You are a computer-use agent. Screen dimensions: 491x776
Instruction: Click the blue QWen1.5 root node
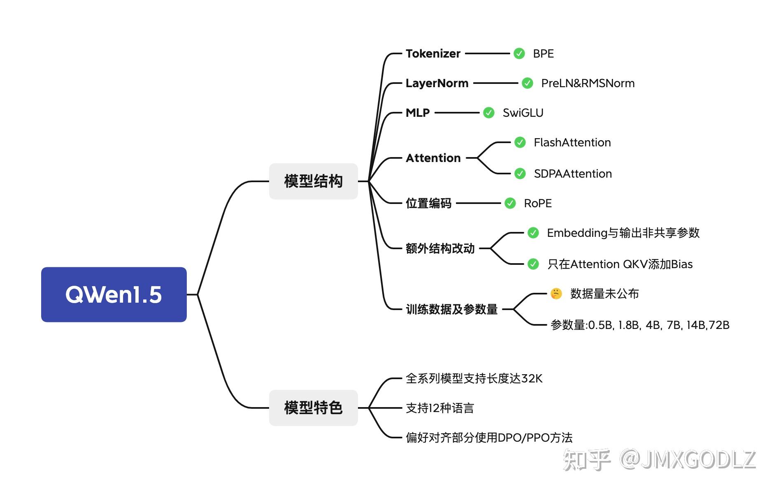coord(114,294)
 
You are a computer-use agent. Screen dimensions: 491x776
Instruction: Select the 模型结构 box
coord(313,181)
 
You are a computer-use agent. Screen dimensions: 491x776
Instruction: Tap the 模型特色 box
coord(313,408)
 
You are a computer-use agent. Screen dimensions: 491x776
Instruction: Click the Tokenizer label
coord(433,54)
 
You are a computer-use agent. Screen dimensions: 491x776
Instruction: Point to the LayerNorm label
coord(437,83)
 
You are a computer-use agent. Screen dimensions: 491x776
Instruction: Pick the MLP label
coord(418,113)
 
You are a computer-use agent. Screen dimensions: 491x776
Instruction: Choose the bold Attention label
coord(433,158)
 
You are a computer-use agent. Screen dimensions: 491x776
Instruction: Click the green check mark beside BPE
coord(519,53)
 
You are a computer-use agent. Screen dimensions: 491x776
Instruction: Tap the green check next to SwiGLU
coord(489,113)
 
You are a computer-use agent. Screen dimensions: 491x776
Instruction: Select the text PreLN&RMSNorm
coord(588,83)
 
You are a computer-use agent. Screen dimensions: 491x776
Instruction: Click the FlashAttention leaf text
coord(572,143)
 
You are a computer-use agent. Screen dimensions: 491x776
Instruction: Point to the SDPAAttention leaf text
coord(573,174)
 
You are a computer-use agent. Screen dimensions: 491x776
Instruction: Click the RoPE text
coord(538,204)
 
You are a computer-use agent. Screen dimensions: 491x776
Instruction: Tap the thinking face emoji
coord(556,294)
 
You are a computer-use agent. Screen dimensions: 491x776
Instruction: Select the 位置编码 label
coord(428,204)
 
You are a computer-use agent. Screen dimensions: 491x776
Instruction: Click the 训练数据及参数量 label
coord(452,309)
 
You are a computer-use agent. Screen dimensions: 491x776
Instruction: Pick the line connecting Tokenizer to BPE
coord(487,53)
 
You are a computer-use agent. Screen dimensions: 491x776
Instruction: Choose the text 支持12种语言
coord(440,408)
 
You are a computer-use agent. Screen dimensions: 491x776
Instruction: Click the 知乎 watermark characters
coord(586,460)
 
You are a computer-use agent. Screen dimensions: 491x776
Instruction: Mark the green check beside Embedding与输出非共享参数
coord(533,233)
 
